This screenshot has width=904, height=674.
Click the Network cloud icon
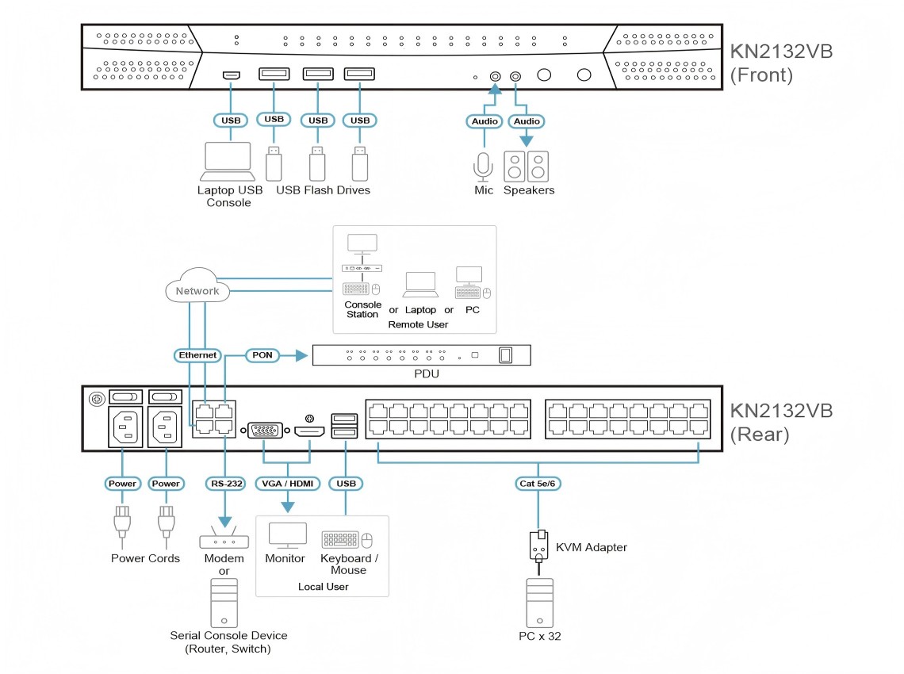pyautogui.click(x=197, y=291)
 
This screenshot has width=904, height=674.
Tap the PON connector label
pyautogui.click(x=260, y=355)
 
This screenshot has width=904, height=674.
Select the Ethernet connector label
pyautogui.click(x=197, y=355)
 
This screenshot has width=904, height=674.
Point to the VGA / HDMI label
pyautogui.click(x=286, y=483)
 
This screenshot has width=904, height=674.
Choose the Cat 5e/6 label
pyautogui.click(x=539, y=483)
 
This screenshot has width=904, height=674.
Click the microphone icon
pyautogui.click(x=483, y=166)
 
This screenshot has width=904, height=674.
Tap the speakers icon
pyautogui.click(x=527, y=166)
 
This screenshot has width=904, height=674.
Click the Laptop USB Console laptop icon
pyautogui.click(x=228, y=162)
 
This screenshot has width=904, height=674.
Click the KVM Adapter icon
pyautogui.click(x=539, y=545)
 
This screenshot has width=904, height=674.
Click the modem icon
pyautogui.click(x=224, y=541)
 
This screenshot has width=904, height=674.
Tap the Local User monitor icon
pyautogui.click(x=286, y=535)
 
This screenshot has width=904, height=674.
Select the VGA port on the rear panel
pyautogui.click(x=263, y=431)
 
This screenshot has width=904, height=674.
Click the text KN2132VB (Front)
pyautogui.click(x=781, y=63)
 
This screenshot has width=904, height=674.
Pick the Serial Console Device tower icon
pyautogui.click(x=224, y=602)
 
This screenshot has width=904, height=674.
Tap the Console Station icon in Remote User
pyautogui.click(x=362, y=266)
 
